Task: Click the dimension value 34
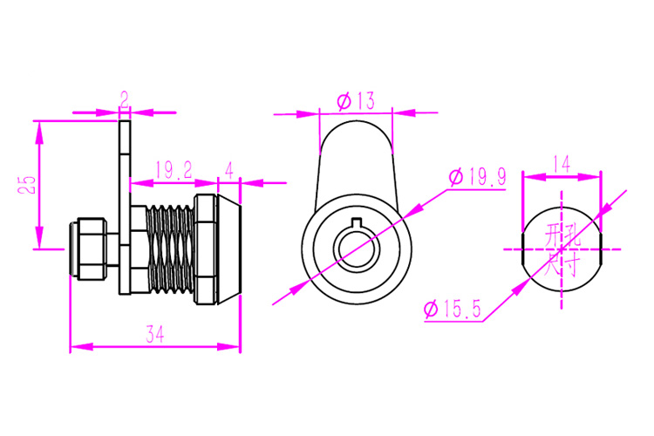155,334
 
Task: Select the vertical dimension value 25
27,184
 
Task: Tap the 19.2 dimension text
174,170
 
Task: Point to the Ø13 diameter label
356,101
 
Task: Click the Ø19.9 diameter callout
477,177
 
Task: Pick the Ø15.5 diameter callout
453,310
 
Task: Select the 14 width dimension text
562,165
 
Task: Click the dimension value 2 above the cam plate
125,100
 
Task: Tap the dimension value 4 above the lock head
229,170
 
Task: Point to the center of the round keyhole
357,249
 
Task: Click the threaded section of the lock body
170,249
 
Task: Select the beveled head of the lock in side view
229,249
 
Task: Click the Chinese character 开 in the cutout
553,235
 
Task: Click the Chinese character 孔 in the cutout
572,235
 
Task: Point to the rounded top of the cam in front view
356,122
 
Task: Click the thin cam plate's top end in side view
125,122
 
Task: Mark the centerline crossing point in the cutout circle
562,249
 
